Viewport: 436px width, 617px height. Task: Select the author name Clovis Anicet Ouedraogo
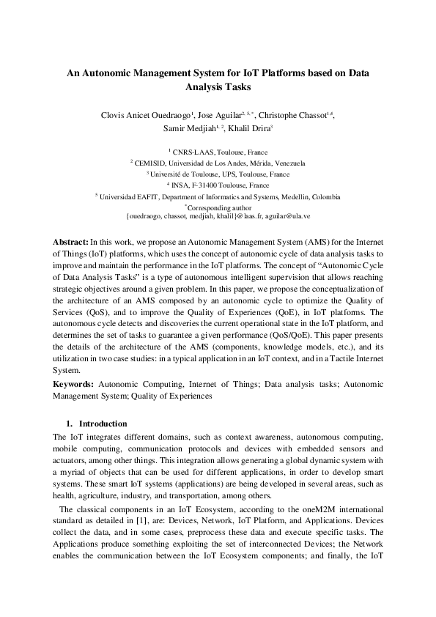pyautogui.click(x=146, y=116)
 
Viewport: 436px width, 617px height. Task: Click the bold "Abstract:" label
pyautogui.click(x=70, y=240)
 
